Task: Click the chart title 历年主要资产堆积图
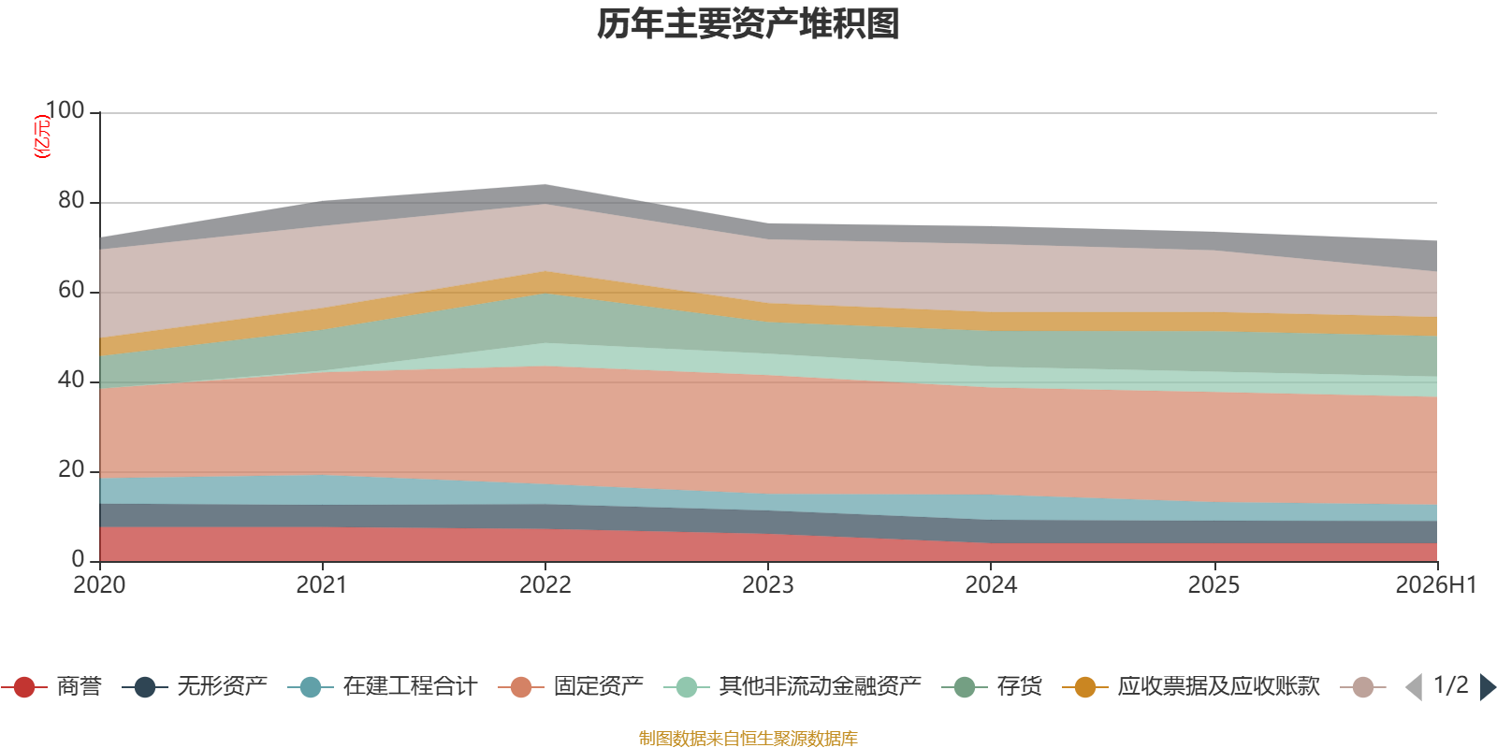click(748, 24)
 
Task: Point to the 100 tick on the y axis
click(65, 110)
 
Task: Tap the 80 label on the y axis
click(71, 200)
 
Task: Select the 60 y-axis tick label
click(71, 291)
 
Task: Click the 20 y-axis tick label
click(71, 470)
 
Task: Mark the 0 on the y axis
click(78, 560)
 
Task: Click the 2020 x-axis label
click(99, 585)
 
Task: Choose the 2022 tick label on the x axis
click(545, 585)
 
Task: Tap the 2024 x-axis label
click(991, 585)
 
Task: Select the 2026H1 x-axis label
click(1436, 585)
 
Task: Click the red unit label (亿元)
click(42, 137)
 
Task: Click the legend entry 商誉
click(51, 686)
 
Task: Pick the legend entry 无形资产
click(196, 686)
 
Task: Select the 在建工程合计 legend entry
click(383, 686)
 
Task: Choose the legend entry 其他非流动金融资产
click(793, 686)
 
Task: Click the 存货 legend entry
click(992, 686)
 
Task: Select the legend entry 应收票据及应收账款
click(1192, 686)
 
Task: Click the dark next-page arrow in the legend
click(1488, 687)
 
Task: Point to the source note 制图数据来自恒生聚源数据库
click(748, 738)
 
